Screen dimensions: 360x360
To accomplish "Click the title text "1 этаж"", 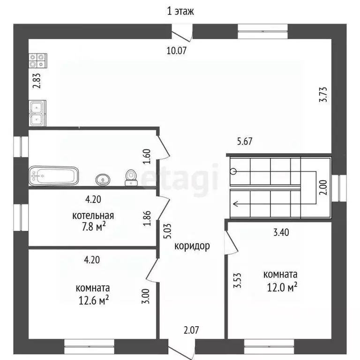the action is (180, 11).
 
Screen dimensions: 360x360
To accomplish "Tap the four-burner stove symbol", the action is (37, 60).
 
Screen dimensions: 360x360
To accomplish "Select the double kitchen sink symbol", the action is (37, 113).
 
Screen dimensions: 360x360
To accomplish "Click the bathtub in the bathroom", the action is (54, 176).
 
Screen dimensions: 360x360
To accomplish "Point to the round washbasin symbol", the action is (103, 180).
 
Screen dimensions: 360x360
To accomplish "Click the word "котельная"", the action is (93, 216).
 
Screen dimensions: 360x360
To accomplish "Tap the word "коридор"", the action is (192, 246).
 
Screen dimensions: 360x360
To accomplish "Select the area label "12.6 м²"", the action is (94, 300).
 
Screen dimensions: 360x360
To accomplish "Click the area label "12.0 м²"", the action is (282, 287).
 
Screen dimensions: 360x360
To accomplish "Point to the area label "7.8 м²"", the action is (94, 227).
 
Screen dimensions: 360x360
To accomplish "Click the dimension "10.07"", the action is (176, 51).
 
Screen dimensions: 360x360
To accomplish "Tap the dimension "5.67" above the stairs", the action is (245, 141).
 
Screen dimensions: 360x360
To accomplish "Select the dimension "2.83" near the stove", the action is (37, 81).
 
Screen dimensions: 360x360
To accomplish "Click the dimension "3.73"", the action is (323, 94).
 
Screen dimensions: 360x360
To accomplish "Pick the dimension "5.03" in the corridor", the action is (168, 231).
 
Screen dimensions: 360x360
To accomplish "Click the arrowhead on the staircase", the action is (236, 203).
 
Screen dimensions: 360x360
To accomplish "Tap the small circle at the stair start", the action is (233, 171).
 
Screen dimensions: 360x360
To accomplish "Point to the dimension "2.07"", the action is (191, 330).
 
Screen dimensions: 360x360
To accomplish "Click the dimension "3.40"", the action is (281, 232).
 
